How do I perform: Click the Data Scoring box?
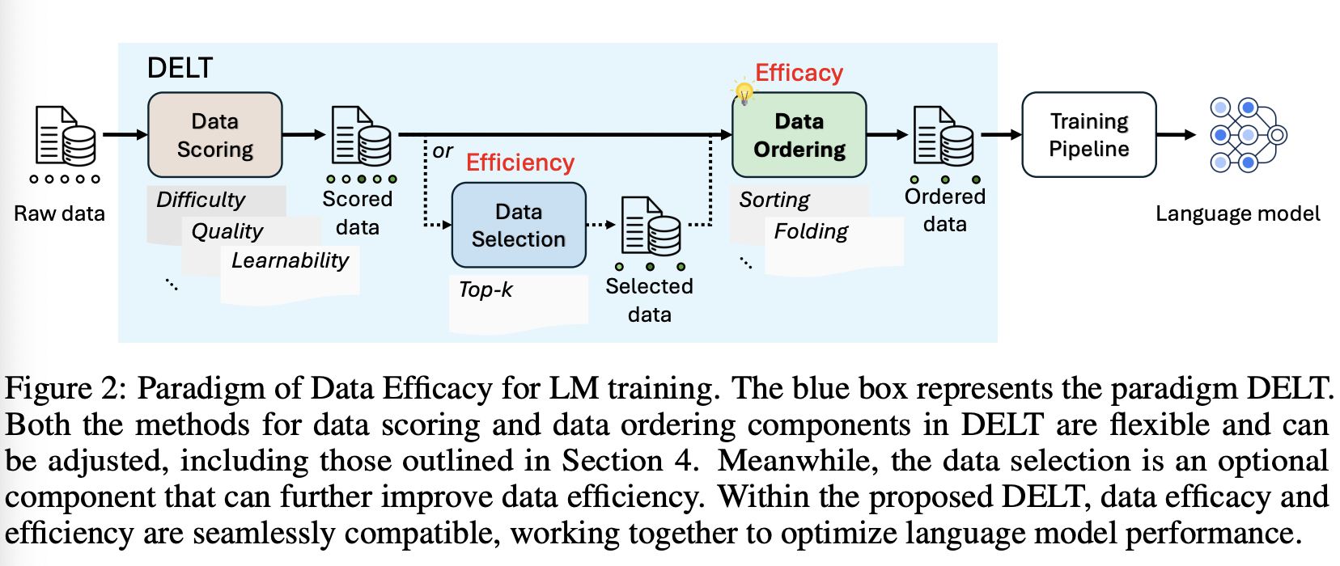pos(215,135)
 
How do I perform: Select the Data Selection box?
pos(519,226)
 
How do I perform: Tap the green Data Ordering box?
pos(799,135)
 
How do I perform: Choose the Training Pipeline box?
pos(1089,135)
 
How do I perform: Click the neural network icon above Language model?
pos(1248,135)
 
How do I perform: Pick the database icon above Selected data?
pos(651,226)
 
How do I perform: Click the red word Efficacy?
pos(799,73)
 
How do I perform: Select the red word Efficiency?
pos(520,163)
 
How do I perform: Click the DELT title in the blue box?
pos(180,68)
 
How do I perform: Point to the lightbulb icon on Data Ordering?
pos(744,91)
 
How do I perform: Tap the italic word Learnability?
pos(290,260)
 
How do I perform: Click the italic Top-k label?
pos(486,289)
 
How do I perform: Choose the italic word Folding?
pos(811,231)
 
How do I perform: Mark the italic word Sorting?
pos(774,200)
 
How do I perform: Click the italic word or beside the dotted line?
pos(443,151)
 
